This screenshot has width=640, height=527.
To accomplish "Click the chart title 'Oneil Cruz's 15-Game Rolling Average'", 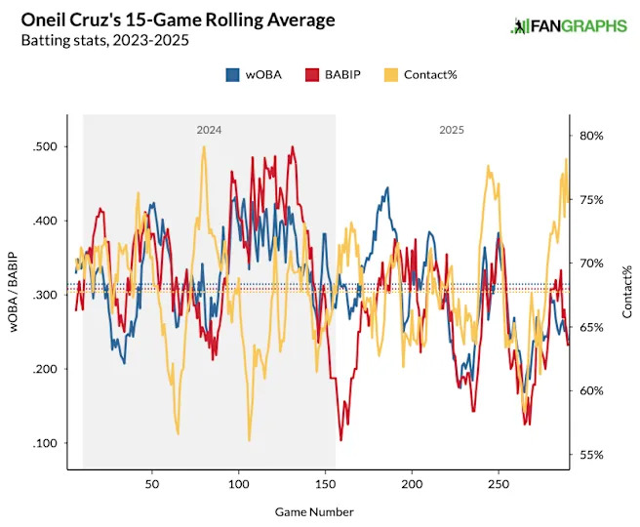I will point(172,20).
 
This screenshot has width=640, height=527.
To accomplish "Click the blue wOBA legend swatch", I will point(233,74).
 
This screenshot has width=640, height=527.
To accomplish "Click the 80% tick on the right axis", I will point(591,136).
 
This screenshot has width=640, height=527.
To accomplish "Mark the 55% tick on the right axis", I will point(591,455).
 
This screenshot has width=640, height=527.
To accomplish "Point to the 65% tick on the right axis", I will point(591,328).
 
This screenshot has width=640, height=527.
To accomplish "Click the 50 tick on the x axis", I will point(151,484).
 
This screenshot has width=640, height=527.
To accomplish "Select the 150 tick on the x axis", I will point(325,484).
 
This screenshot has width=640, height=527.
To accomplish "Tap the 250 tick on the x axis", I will point(499,484).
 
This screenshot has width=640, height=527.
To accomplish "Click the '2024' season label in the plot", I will point(209,129).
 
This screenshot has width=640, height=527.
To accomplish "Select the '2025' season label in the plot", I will point(451,129).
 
